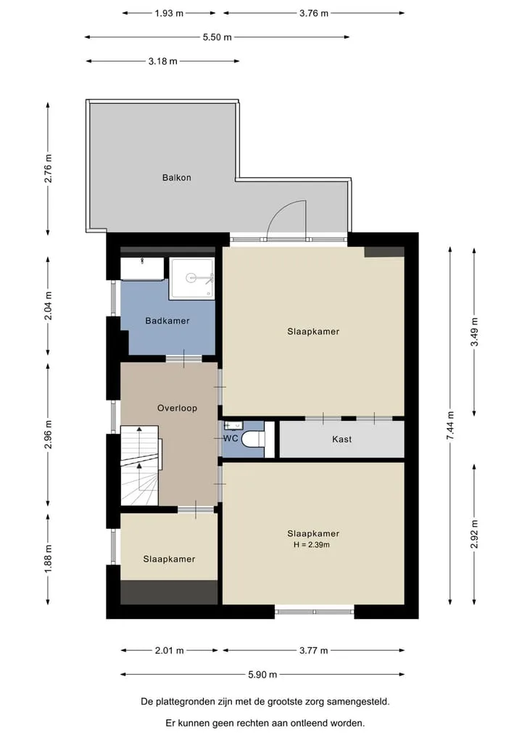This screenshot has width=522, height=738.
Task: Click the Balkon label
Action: click(176, 178)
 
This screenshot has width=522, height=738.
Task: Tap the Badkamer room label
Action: click(167, 321)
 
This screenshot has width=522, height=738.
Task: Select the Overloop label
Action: click(178, 408)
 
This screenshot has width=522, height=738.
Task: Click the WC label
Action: click(231, 438)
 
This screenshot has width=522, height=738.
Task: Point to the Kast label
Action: click(342, 439)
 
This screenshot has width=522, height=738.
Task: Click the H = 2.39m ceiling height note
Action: click(311, 545)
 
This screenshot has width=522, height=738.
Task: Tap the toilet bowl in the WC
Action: click(252, 440)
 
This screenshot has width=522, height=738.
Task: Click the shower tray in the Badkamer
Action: click(191, 278)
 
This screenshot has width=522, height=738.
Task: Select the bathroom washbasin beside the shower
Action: click(142, 268)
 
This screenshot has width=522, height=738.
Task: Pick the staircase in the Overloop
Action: click(140, 465)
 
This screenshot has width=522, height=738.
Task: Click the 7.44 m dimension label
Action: click(450, 425)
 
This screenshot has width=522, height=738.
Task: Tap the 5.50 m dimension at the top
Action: click(217, 37)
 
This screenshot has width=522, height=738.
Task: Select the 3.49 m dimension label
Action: click(474, 332)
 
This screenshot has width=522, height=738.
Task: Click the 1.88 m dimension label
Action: click(48, 559)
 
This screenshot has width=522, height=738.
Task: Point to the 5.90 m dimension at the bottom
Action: click(262, 674)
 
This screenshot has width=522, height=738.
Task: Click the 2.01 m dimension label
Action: click(170, 650)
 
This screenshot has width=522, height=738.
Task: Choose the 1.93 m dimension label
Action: click(169, 13)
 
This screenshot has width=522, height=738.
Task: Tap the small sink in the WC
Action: click(233, 426)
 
